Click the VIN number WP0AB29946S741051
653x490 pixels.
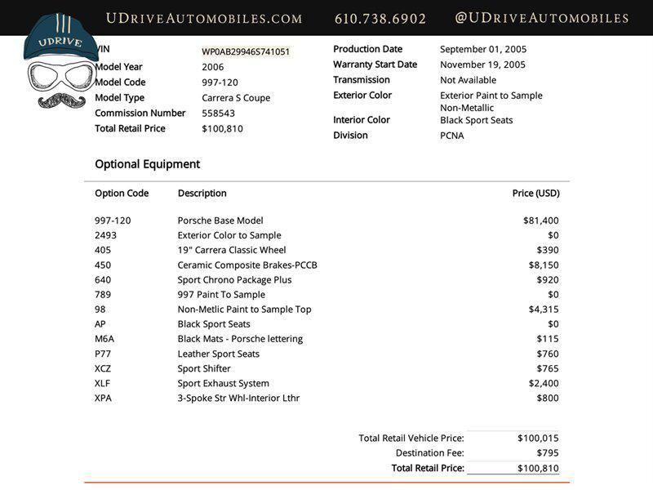(x=246, y=51)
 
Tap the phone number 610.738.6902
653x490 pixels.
(x=380, y=18)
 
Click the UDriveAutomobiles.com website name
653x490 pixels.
(x=204, y=18)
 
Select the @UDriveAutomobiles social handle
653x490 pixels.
(x=541, y=18)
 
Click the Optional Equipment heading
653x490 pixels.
(x=147, y=164)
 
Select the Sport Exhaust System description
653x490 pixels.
(x=223, y=383)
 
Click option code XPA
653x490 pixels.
(x=103, y=398)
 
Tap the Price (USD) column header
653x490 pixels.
(x=535, y=194)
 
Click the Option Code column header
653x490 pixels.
(x=122, y=194)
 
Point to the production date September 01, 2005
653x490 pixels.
(x=483, y=49)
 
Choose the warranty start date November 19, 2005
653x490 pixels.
(x=482, y=65)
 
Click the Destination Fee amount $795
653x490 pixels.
(x=548, y=452)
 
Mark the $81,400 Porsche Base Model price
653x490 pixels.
(x=541, y=220)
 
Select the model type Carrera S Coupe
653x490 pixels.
(x=236, y=98)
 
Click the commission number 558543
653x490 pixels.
(x=218, y=114)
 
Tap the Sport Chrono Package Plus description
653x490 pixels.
(x=234, y=279)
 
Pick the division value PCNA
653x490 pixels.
(x=451, y=136)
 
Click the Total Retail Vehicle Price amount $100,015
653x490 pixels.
(x=538, y=438)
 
